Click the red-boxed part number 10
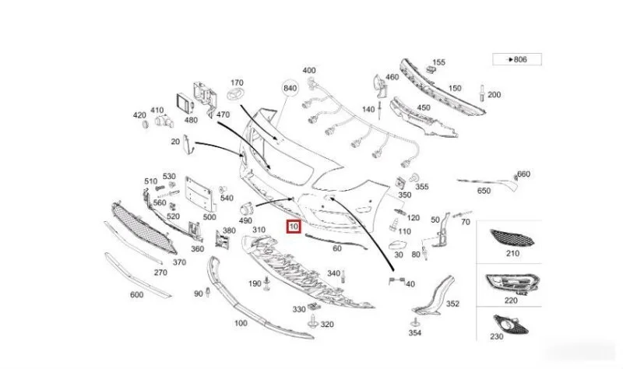[x=294, y=227]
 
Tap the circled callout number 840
[x=290, y=88]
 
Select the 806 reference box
[x=517, y=59]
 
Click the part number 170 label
[x=237, y=83]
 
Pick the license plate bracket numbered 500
[x=201, y=195]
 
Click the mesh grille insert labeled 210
[x=512, y=237]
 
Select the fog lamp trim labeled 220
[x=512, y=283]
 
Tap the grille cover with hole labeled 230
[x=511, y=324]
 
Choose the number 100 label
[x=241, y=323]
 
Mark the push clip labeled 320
[x=313, y=322]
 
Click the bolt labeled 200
[x=482, y=93]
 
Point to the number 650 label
[x=484, y=191]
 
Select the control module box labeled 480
[x=184, y=104]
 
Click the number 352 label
[x=452, y=304]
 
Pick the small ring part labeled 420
[x=146, y=125]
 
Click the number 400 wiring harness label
[x=309, y=70]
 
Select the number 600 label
[x=137, y=295]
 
